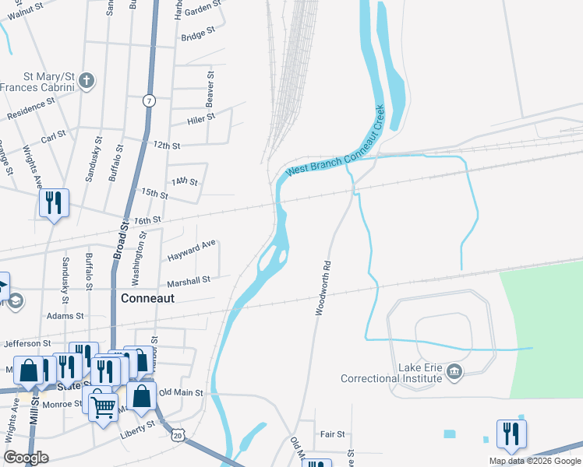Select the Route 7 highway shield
(x=149, y=100)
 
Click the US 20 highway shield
(x=179, y=437)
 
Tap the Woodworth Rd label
(x=323, y=287)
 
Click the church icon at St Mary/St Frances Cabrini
(x=87, y=80)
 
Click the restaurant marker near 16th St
(x=54, y=203)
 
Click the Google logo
(x=26, y=458)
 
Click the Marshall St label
(x=189, y=280)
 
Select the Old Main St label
(x=180, y=393)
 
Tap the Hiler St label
(x=200, y=119)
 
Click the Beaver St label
(x=210, y=93)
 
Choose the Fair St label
(x=332, y=434)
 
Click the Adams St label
(x=65, y=316)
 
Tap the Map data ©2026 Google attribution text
(x=534, y=461)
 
